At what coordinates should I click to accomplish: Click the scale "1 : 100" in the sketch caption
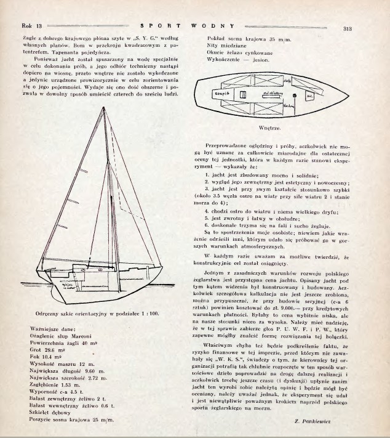point(149,313)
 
